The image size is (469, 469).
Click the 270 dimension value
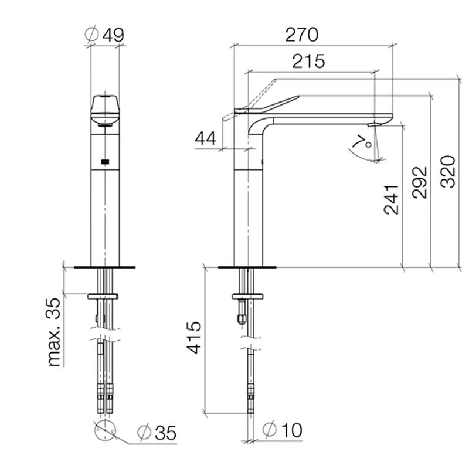click(301, 35)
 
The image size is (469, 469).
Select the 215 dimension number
click(308, 62)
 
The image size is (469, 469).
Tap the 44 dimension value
click(205, 138)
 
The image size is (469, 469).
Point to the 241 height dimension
click(392, 200)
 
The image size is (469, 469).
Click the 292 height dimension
click(420, 182)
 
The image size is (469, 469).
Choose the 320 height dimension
click(448, 172)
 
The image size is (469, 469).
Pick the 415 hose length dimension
click(194, 338)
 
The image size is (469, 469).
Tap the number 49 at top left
click(113, 35)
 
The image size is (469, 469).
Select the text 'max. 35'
click(54, 332)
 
